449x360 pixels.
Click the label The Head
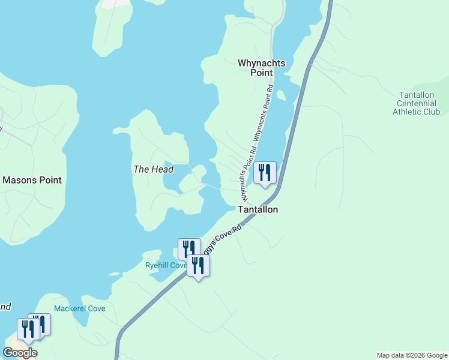(153, 169)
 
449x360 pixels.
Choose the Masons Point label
(32, 180)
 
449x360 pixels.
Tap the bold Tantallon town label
(258, 209)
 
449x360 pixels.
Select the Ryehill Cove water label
(166, 265)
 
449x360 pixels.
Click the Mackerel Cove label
(80, 308)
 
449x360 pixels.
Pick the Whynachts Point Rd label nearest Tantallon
(245, 174)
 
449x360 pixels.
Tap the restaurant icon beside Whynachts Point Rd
(264, 173)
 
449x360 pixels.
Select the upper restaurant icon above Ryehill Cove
(188, 248)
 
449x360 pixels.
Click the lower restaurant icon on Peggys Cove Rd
(198, 265)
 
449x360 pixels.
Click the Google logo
(20, 353)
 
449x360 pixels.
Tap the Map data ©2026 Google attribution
(412, 355)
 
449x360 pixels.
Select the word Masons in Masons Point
(20, 180)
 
